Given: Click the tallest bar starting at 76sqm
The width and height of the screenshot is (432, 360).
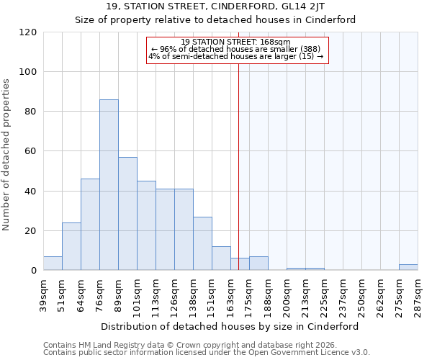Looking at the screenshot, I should [109, 185].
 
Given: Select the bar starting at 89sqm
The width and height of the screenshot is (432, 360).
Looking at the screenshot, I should [127, 214].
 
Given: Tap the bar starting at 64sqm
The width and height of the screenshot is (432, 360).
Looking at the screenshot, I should [90, 225].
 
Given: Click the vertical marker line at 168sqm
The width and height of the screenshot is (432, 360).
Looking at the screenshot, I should [238, 166].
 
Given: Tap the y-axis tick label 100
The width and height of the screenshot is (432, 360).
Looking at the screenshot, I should [28, 72].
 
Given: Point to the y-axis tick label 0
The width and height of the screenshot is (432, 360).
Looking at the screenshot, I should [34, 271].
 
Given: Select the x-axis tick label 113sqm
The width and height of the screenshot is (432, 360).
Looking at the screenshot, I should [156, 294].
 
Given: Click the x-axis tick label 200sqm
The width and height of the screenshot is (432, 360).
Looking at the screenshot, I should [287, 294].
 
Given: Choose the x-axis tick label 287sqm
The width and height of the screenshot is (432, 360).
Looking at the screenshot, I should [418, 294].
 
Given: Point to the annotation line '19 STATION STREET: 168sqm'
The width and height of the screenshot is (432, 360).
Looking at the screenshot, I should [235, 42].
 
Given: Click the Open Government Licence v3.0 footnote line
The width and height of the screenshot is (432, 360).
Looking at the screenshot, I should [207, 353].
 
